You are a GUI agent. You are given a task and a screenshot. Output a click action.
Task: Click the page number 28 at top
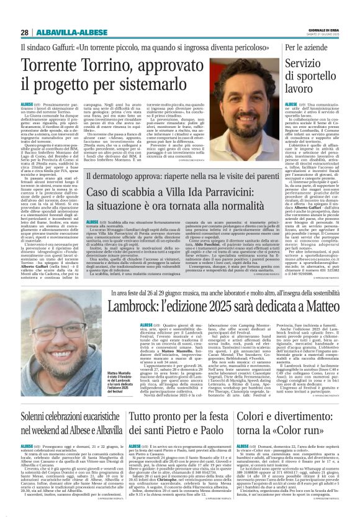24,32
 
